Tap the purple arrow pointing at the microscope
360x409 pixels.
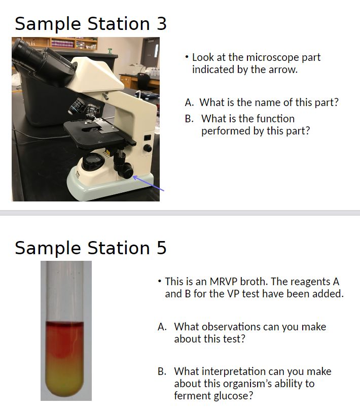(x=150, y=184)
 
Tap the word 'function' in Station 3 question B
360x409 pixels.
(x=275, y=119)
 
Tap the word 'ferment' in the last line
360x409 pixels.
(x=192, y=396)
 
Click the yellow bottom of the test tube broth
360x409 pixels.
(x=66, y=381)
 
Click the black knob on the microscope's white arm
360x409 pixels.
(x=148, y=148)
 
